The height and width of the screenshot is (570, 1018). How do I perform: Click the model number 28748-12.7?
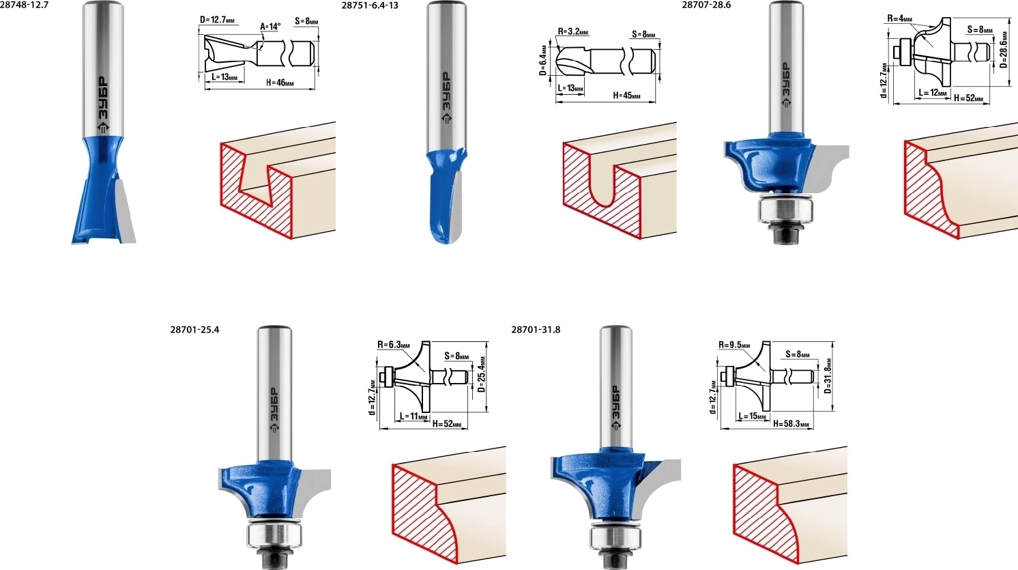pos(24,6)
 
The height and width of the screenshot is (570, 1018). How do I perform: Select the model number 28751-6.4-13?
pos(370,6)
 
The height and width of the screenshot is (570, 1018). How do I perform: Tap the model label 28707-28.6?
pos(706,6)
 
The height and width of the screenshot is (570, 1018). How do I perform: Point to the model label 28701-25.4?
pos(194,330)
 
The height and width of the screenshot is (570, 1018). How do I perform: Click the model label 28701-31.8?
pos(536,330)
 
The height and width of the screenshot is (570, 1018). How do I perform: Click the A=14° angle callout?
pos(270,27)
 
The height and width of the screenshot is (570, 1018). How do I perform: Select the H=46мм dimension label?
pos(280,83)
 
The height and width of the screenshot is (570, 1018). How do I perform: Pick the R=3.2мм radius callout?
pos(572,31)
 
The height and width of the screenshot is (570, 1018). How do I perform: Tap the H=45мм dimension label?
pos(627,96)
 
